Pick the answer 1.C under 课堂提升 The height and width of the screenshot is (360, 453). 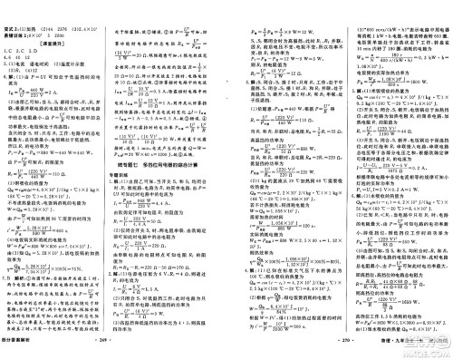pyautogui.click(x=10, y=36)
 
